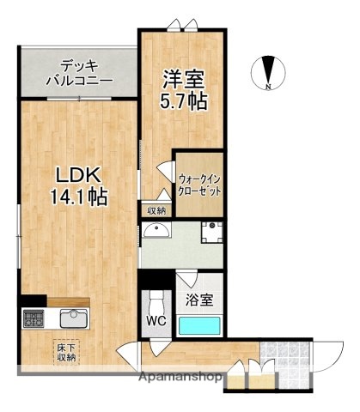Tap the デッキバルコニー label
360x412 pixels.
pyautogui.click(x=78, y=72)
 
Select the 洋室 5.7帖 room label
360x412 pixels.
pyautogui.click(x=183, y=89)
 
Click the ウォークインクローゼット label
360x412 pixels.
pyautogui.click(x=200, y=186)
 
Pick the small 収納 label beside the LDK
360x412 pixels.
pyautogui.click(x=155, y=210)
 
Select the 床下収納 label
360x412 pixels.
pyautogui.click(x=67, y=352)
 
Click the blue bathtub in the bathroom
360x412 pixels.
pyautogui.click(x=200, y=325)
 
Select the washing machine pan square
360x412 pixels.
pyautogui.click(x=211, y=232)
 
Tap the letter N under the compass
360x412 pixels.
pyautogui.click(x=269, y=87)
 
